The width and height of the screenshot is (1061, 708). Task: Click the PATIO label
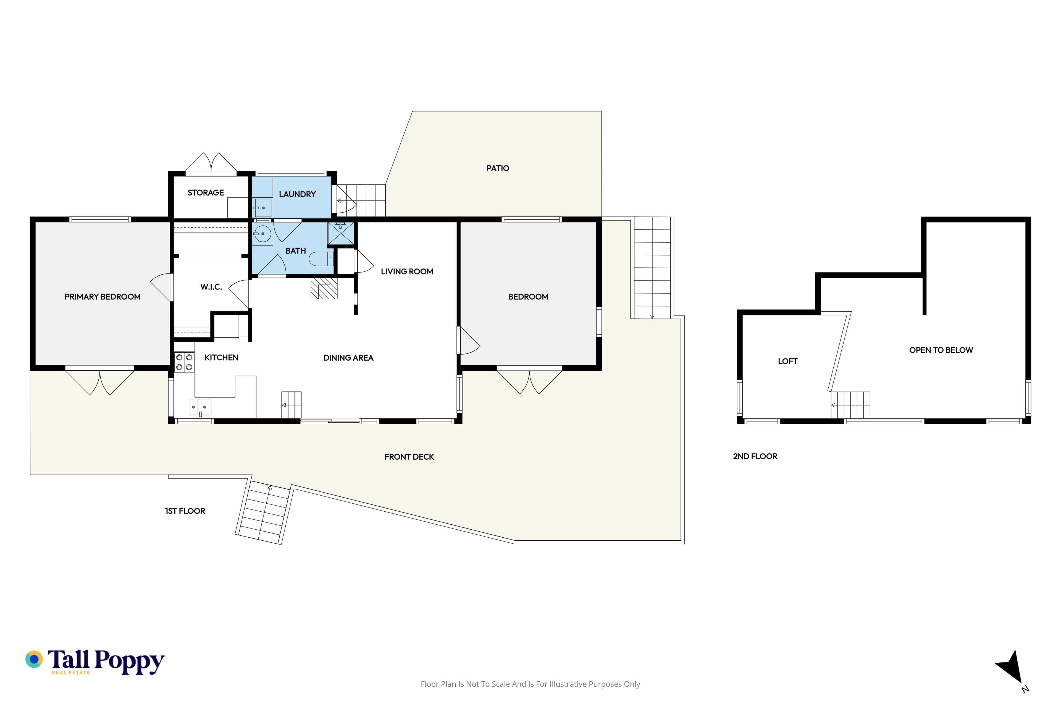tap(498, 168)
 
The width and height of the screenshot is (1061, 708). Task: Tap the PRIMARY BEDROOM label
tap(103, 297)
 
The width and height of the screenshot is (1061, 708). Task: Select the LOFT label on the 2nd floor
tap(788, 361)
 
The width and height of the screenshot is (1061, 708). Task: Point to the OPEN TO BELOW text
tap(941, 350)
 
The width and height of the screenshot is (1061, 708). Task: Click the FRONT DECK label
tap(409, 457)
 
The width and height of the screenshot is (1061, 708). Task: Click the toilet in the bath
tap(321, 259)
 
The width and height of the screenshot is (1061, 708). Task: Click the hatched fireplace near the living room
tap(324, 288)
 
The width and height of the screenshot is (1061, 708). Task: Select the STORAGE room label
tap(206, 193)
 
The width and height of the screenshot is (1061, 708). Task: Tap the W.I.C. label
tap(211, 287)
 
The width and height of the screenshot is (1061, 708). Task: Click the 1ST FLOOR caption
tap(185, 511)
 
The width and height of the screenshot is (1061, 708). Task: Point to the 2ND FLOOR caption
tap(755, 457)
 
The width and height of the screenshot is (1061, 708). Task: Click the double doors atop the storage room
tap(211, 163)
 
